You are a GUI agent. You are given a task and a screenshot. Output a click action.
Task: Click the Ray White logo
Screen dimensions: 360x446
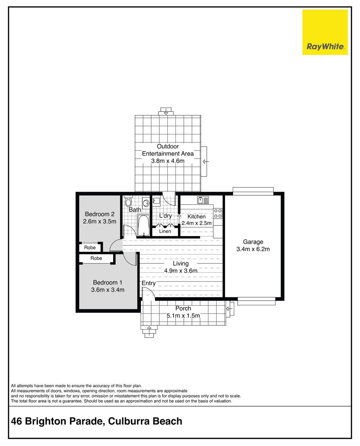point(325,32)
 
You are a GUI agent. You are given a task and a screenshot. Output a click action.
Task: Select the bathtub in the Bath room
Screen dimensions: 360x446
point(143,225)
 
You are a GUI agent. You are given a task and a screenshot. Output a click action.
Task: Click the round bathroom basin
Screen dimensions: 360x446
point(146,203)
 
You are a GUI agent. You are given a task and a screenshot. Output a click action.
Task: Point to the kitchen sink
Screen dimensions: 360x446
point(203,200)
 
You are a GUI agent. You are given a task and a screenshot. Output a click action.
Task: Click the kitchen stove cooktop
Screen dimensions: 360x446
point(218,214)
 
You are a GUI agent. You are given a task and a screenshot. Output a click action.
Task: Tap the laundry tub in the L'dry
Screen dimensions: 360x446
point(156,200)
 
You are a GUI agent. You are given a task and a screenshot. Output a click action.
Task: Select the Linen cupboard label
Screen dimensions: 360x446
point(165,231)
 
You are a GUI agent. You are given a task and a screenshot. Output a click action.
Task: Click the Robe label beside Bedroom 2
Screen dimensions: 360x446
point(90,248)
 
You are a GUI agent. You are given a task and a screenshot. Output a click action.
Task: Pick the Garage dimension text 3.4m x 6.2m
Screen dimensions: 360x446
point(253,249)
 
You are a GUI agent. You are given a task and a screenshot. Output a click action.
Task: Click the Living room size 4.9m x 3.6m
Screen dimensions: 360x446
point(181,271)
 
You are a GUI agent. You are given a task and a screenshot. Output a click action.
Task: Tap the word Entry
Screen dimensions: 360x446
point(149,283)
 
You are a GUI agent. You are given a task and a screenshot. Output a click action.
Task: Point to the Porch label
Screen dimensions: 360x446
point(183,308)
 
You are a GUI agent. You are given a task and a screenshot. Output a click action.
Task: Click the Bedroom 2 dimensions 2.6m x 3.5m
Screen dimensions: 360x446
point(99,222)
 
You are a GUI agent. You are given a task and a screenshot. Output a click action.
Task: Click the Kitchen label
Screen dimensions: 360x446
point(196,217)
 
